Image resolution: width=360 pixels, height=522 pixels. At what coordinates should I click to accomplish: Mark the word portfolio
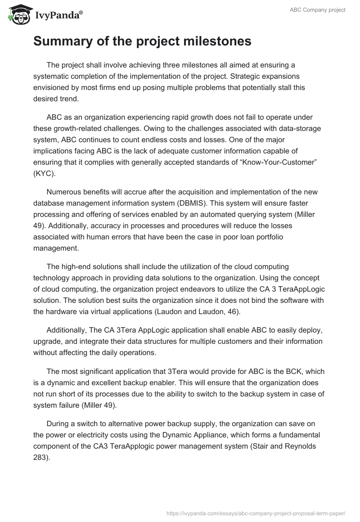[269, 236]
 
